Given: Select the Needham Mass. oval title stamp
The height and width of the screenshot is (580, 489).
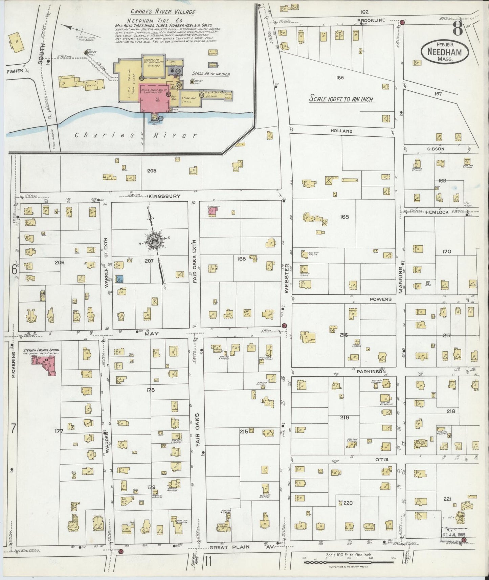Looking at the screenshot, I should [445, 53].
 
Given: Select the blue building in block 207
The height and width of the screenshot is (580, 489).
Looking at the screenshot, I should [119, 279].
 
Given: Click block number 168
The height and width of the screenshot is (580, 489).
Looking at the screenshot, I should [344, 217].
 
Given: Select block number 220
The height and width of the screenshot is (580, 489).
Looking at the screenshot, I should [348, 503].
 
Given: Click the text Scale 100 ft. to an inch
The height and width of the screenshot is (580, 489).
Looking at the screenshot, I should [341, 99].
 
